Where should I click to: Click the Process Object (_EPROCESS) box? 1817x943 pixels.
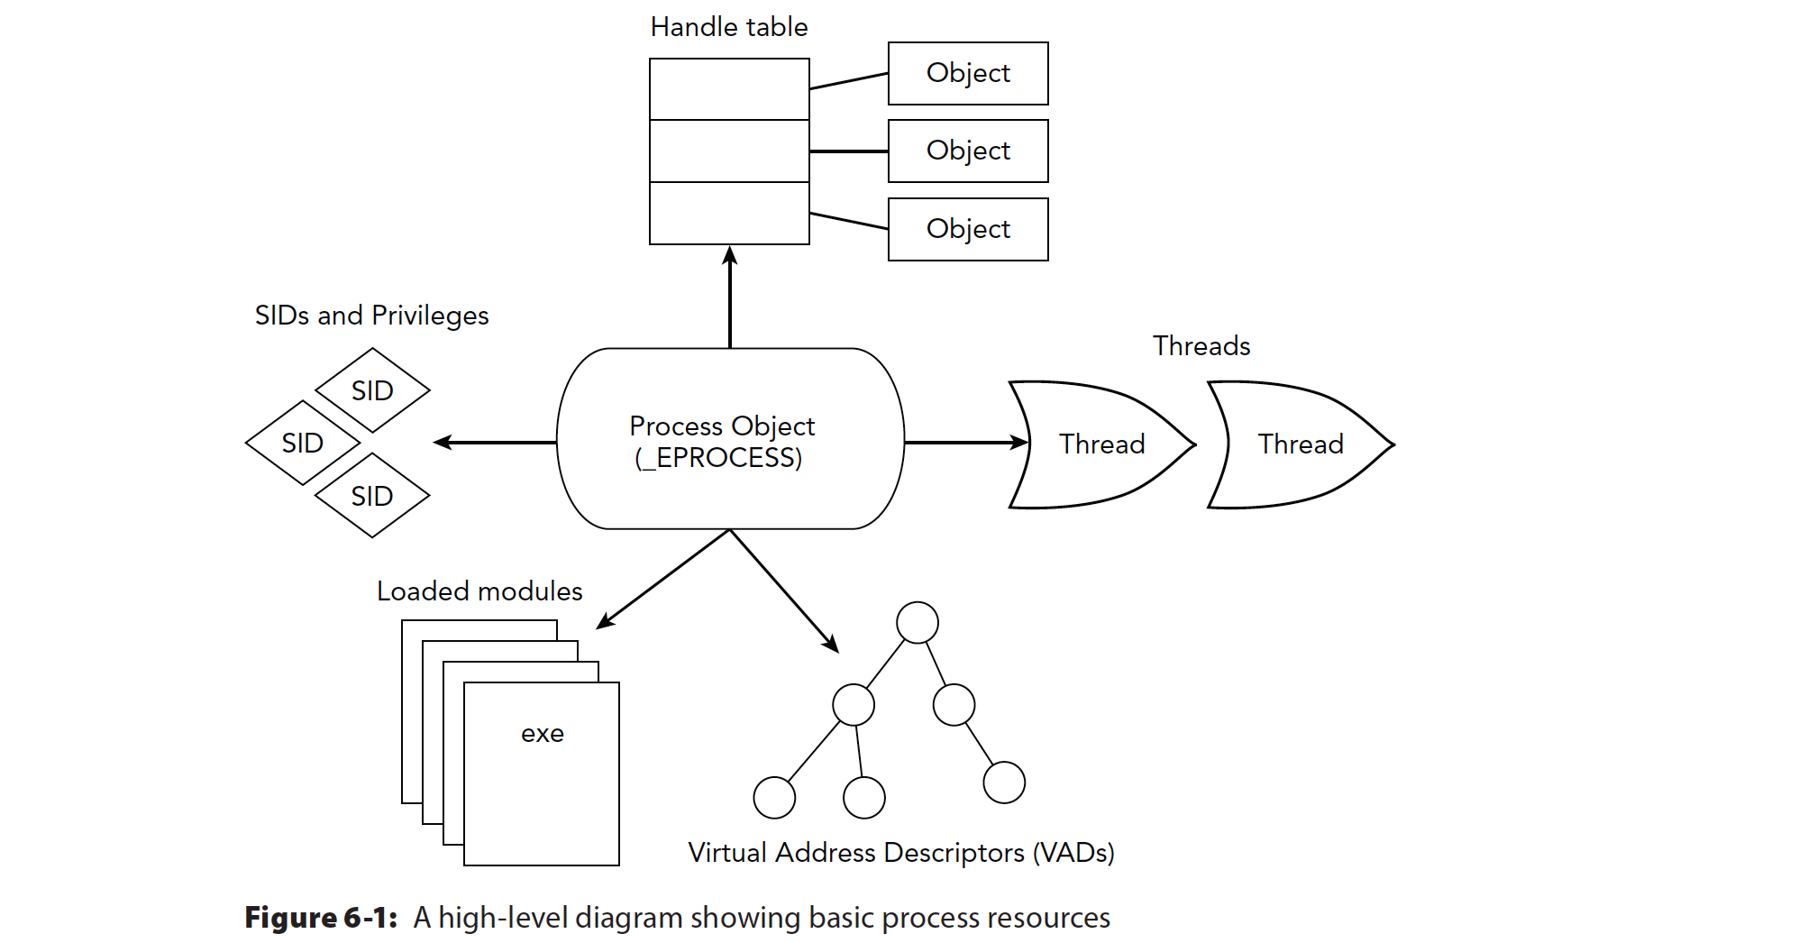pyautogui.click(x=730, y=440)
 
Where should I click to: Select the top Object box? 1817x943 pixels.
pyautogui.click(x=968, y=73)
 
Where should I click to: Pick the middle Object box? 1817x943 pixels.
pyautogui.click(x=968, y=151)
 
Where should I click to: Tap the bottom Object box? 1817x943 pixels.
pyautogui.click(x=968, y=229)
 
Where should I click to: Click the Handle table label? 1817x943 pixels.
pyautogui.click(x=728, y=27)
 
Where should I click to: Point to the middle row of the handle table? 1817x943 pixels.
pyautogui.click(x=729, y=151)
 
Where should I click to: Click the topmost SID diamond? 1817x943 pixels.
pyautogui.click(x=372, y=390)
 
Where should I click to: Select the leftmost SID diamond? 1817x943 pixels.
pyautogui.click(x=303, y=443)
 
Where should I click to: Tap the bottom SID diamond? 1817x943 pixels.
pyautogui.click(x=372, y=496)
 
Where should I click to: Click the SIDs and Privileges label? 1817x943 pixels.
pyautogui.click(x=371, y=316)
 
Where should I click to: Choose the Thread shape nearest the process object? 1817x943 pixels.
pyautogui.click(x=1101, y=444)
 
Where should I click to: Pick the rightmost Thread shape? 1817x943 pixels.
pyautogui.click(x=1301, y=444)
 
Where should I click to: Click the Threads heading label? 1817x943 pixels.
pyautogui.click(x=1201, y=346)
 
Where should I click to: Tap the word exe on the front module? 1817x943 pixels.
pyautogui.click(x=543, y=734)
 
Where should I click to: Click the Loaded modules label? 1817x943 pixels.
pyautogui.click(x=479, y=591)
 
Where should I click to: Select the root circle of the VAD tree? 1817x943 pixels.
pyautogui.click(x=918, y=623)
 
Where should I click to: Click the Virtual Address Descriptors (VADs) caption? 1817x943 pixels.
pyautogui.click(x=901, y=853)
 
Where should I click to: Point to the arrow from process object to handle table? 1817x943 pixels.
pyautogui.click(x=730, y=298)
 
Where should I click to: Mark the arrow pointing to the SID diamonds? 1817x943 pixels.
pyautogui.click(x=496, y=443)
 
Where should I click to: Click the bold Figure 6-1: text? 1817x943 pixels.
pyautogui.click(x=321, y=918)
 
